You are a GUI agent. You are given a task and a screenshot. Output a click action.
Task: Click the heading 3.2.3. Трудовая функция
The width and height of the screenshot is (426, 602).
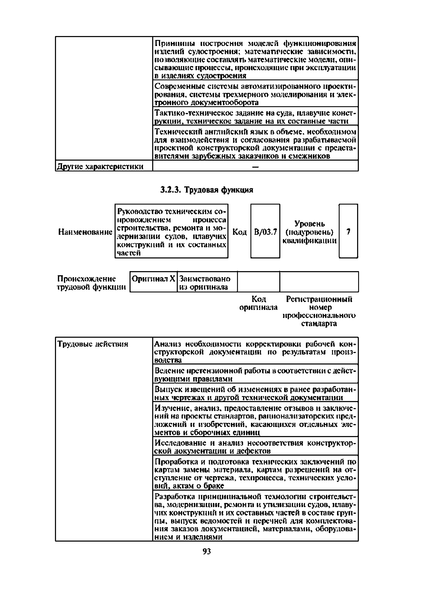click(x=207, y=190)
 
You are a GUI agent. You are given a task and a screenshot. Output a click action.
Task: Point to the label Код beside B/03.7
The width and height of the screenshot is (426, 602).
click(x=240, y=232)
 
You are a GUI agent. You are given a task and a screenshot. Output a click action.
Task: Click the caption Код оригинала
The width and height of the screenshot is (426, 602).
click(x=259, y=303)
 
